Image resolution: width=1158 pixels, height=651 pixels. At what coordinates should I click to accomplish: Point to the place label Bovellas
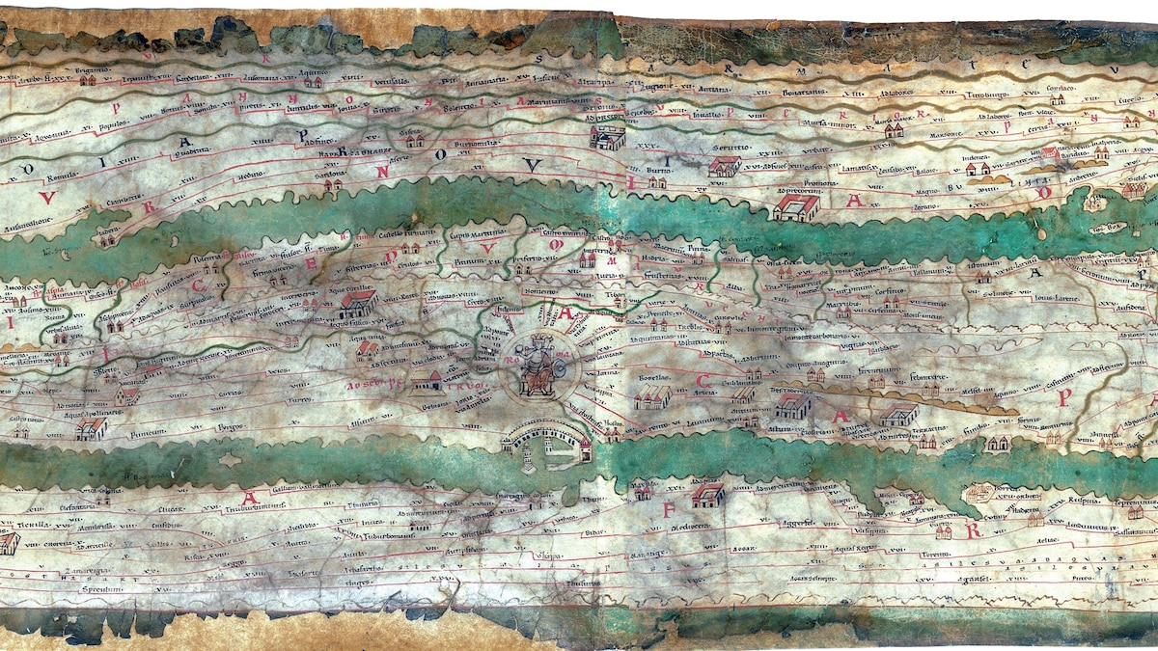coord(653,377)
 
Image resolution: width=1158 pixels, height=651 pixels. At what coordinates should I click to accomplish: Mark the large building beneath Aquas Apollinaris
coord(91,427)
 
